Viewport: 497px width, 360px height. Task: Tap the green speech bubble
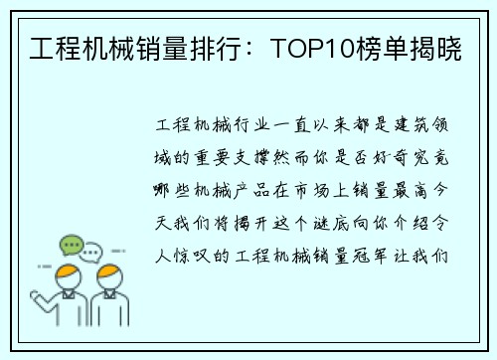tap(72, 245)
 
